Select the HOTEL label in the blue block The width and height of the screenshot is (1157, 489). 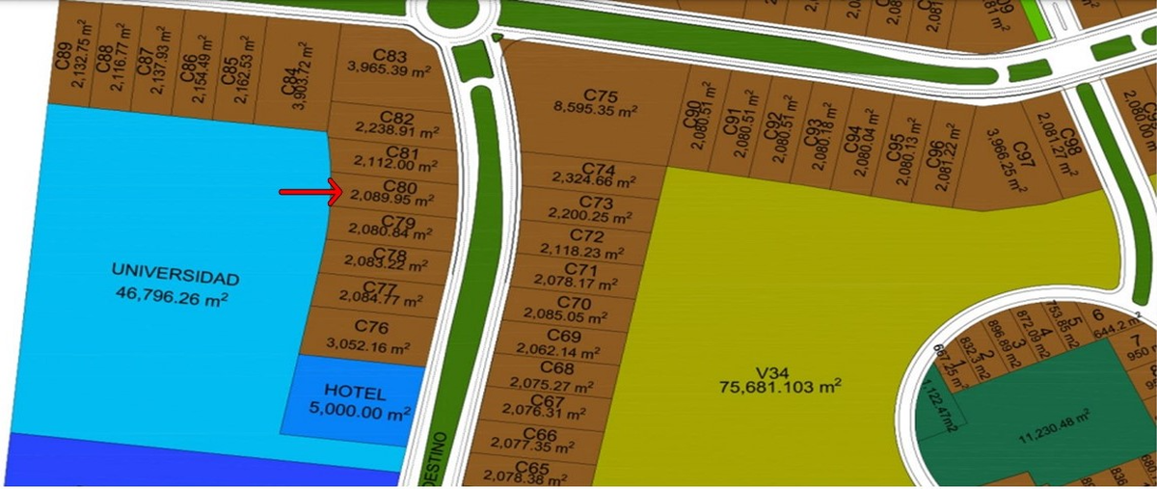(355, 393)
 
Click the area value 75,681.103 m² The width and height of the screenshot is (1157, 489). (780, 386)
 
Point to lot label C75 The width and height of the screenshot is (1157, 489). (600, 95)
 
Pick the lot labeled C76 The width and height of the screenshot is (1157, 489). (371, 328)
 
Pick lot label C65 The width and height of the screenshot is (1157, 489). (525, 466)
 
